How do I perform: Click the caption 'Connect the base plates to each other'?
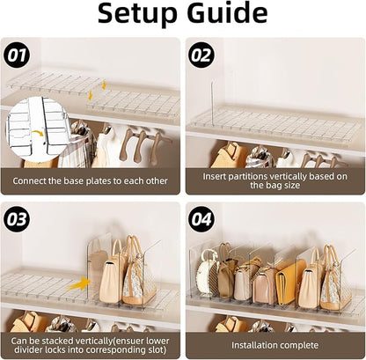pos(91,181)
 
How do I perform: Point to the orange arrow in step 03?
pos(80,283)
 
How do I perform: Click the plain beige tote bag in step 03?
pos(113,276)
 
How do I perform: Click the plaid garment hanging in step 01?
pos(74,144)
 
